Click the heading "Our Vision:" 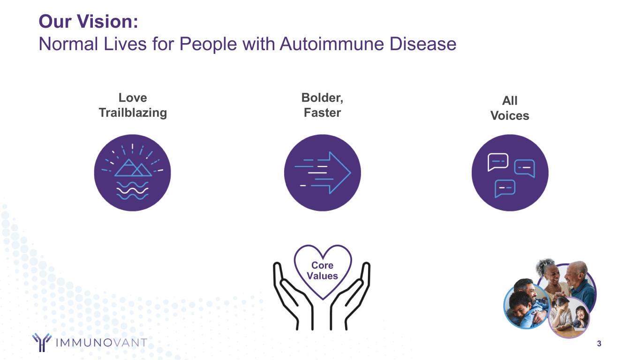coord(88,22)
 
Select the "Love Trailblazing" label coord(132,105)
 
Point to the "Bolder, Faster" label coord(322,105)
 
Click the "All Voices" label coord(510,108)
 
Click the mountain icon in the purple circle coord(132,168)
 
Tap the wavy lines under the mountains coord(132,190)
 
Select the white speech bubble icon coord(497,162)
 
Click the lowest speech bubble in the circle coord(505,188)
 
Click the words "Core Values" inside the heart coord(322,271)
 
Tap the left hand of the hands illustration coord(287,295)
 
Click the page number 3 coord(599,344)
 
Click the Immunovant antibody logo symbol coord(42,342)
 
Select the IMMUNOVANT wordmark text coord(101,343)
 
